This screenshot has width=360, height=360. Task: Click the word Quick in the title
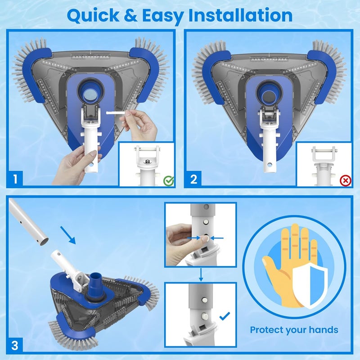(x=93, y=16)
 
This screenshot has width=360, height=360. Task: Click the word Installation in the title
(x=240, y=15)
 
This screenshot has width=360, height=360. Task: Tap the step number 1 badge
(x=15, y=179)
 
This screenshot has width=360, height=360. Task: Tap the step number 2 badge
(x=193, y=179)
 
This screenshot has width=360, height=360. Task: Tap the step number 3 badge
(x=15, y=345)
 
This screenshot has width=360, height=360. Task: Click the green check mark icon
(x=168, y=181)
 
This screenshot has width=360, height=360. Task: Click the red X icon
(x=346, y=181)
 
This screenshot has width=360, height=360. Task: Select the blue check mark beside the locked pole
(x=225, y=316)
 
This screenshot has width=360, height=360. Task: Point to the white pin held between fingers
(x=116, y=113)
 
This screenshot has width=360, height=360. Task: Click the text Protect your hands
(x=294, y=330)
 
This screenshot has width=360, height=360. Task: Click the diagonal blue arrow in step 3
(x=68, y=235)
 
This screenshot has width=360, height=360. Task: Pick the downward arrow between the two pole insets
(x=201, y=274)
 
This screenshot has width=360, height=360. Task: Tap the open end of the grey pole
(x=44, y=242)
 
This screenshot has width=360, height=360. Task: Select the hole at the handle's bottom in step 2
(x=270, y=165)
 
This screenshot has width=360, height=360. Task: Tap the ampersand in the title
(x=130, y=16)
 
